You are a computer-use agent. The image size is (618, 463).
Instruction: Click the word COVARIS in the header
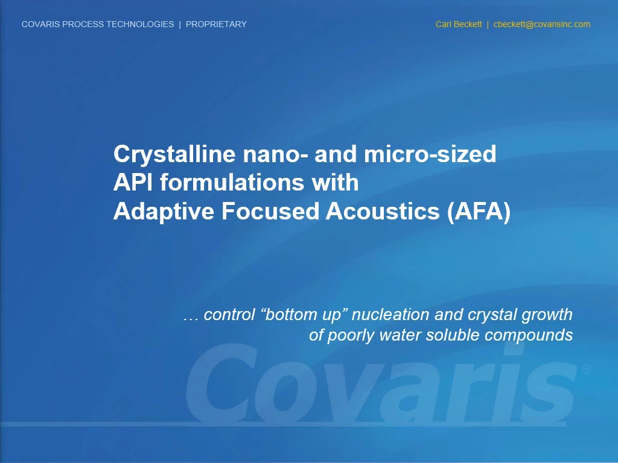pos(41,24)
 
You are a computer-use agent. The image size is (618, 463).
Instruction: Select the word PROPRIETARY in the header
pos(217,24)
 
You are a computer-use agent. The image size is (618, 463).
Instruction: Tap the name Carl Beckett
pos(459,24)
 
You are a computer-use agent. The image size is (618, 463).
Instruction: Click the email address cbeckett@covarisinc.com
pos(542,24)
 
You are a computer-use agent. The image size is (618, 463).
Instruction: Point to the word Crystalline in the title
pos(176,154)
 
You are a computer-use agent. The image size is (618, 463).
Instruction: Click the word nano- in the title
pos(275,154)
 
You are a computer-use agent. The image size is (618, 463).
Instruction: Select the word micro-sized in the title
pos(430,154)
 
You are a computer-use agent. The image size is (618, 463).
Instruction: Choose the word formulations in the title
pos(232,182)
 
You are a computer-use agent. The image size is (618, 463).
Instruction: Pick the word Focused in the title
pos(270,211)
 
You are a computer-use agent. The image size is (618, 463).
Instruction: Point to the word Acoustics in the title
pos(383,212)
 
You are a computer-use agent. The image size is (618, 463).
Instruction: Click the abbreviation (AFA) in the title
pos(479,212)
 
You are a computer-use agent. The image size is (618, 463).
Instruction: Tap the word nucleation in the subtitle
pos(390,315)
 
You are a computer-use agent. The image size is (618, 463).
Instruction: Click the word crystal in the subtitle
pos(492,315)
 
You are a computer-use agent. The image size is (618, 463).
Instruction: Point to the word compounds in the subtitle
pos(529,336)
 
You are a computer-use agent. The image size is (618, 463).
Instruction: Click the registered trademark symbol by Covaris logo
pos(587,369)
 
